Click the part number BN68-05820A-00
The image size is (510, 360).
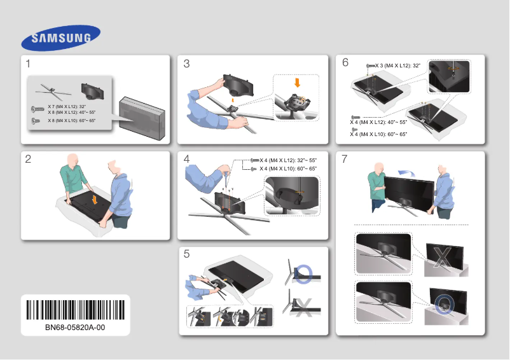coord(75,328)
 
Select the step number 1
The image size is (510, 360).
coord(29,64)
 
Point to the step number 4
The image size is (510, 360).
coord(186,159)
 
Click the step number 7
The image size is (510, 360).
coord(345,159)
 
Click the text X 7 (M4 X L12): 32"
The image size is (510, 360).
coord(67,106)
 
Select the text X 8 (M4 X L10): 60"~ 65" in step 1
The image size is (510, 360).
coord(72,120)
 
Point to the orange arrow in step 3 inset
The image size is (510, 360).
coord(296,83)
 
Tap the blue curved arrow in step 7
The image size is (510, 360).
coord(402,171)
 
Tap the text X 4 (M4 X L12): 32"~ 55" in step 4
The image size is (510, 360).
coord(288,160)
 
